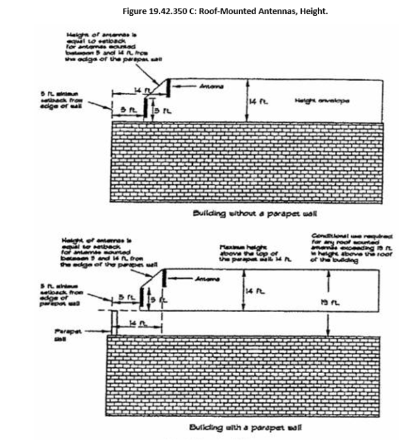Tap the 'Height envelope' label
pos(322,100)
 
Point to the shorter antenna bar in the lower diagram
pos(140,297)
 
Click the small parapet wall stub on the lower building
pos(114,322)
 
